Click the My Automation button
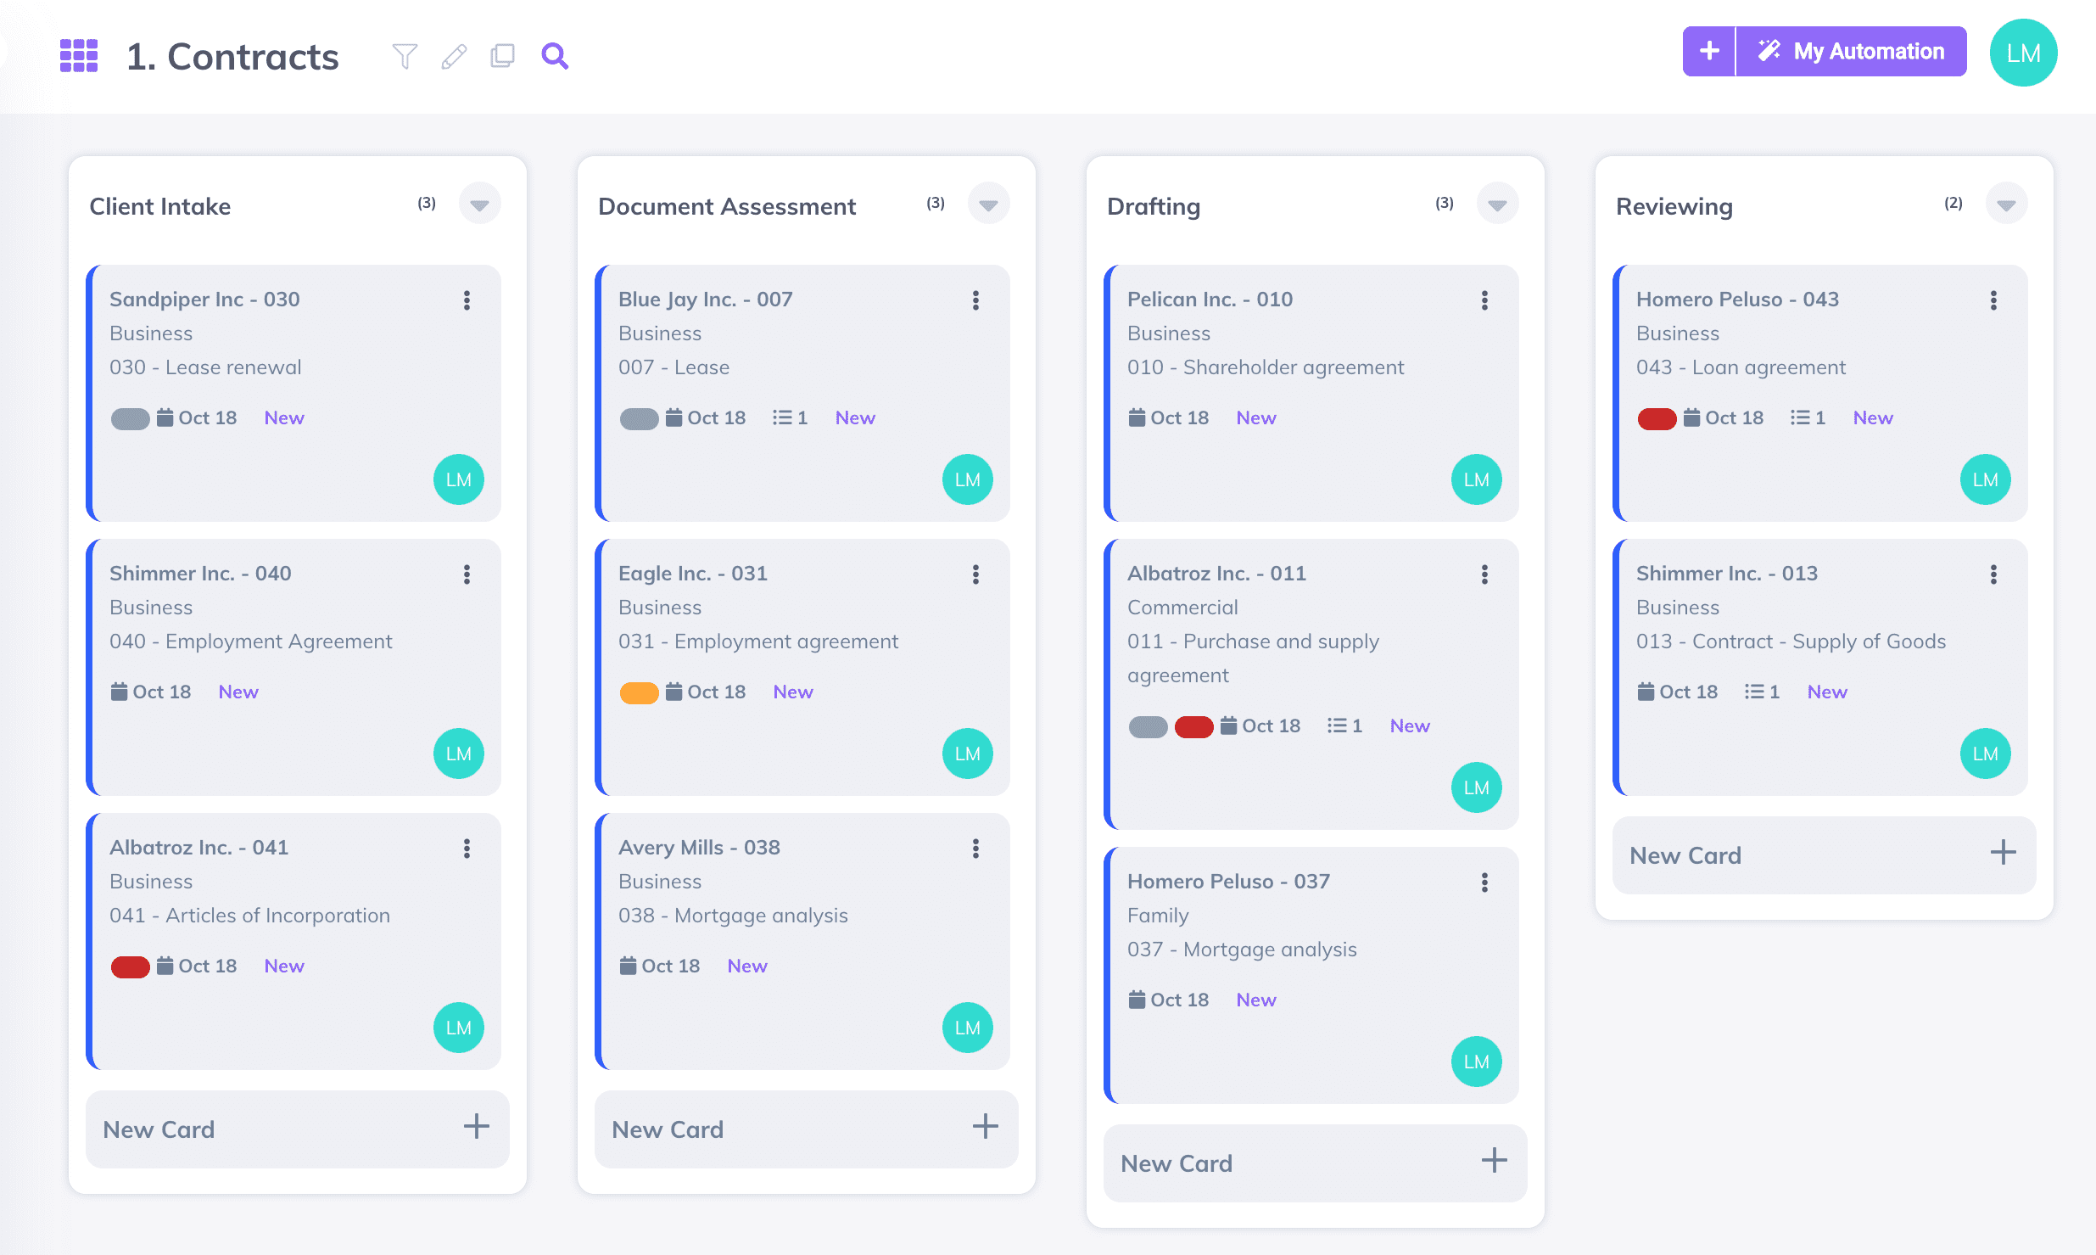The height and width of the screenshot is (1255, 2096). [1852, 52]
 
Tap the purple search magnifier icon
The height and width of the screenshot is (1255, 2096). [555, 56]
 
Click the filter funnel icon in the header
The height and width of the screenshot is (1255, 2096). [405, 56]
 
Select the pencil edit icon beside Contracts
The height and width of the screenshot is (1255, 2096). [454, 56]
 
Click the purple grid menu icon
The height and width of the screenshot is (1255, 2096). [79, 56]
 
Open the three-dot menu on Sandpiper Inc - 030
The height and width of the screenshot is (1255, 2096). [467, 300]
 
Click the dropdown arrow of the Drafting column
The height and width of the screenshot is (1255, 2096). [1497, 204]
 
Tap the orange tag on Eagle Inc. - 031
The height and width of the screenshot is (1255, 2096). [639, 692]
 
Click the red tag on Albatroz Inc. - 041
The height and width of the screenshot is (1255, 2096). [130, 966]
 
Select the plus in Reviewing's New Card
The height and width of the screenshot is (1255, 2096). [2003, 853]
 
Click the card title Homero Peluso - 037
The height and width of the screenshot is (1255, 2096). [1228, 882]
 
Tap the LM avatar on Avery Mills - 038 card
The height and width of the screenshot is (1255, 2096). [967, 1028]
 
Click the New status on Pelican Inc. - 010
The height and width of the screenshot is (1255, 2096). [1255, 417]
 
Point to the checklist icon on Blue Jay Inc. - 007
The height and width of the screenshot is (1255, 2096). [782, 417]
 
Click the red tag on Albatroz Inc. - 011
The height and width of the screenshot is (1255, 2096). [1193, 726]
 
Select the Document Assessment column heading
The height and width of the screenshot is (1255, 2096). [727, 206]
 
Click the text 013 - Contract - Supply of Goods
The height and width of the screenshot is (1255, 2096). [1791, 642]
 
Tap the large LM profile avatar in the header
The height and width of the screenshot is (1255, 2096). [2023, 53]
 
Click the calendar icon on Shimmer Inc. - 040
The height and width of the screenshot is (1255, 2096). [119, 692]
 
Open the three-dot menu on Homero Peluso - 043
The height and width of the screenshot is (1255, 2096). [1993, 300]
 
